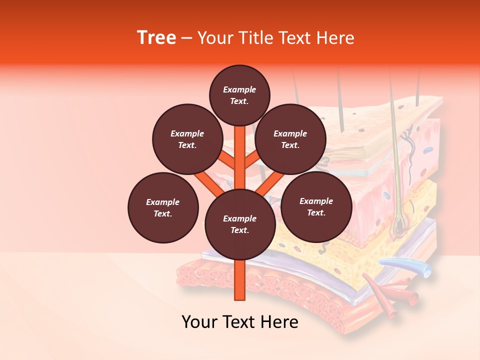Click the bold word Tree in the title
pos(156,37)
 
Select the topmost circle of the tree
pos(239,95)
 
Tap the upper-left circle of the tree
pos(187,139)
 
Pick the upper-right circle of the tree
pos(290,139)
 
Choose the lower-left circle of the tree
pos(163,207)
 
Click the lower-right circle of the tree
pos(316,206)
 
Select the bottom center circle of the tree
pos(240,224)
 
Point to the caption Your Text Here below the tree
pos(240,321)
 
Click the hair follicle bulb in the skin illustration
pos(400,228)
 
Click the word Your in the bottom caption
pos(199,321)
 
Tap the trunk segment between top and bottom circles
pos(240,157)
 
